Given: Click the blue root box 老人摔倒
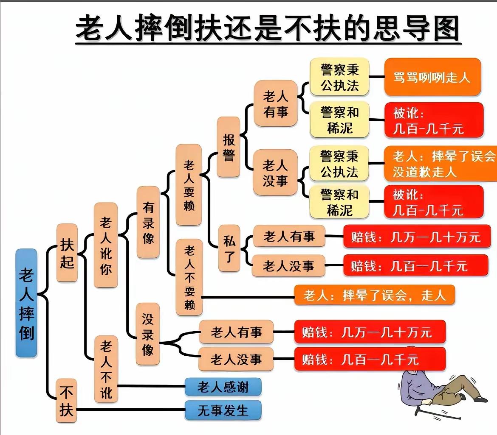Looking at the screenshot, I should [26, 303].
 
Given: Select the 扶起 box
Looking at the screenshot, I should [67, 253].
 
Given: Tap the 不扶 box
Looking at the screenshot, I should [67, 400].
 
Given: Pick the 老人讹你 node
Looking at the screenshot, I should [106, 245].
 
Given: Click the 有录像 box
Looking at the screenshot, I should [148, 222].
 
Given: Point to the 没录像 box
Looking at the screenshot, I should [148, 334].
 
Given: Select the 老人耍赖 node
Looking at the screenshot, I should [189, 184].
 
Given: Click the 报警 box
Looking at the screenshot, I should [229, 147].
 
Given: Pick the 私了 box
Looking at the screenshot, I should [229, 248].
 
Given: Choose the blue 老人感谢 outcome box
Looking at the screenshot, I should [223, 387].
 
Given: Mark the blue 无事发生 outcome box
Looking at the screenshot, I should [223, 410].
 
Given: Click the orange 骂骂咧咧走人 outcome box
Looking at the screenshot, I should [432, 77].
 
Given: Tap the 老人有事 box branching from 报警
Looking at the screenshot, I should [276, 103].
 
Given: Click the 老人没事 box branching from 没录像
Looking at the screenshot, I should [236, 360].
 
